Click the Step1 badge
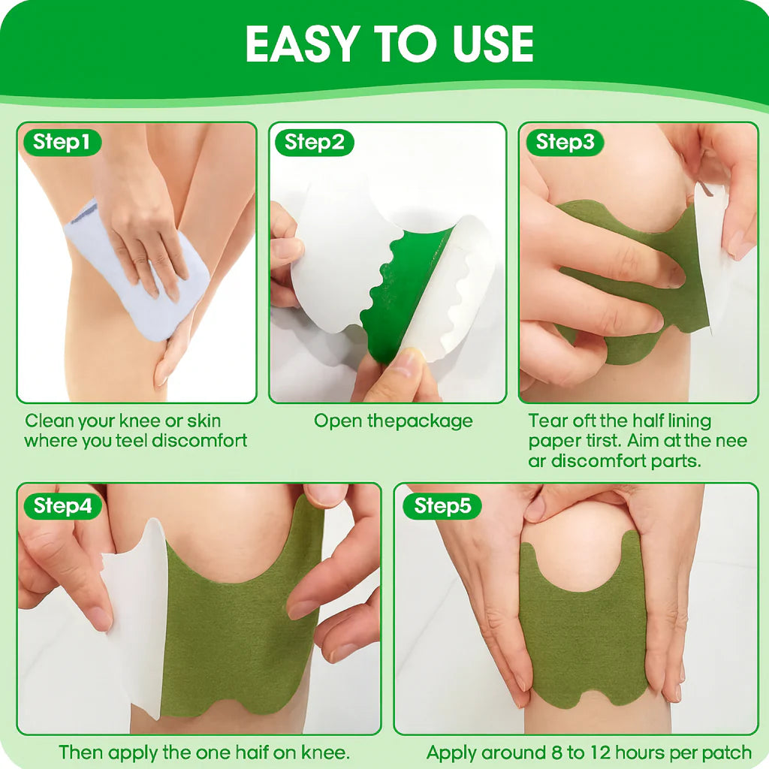pyautogui.click(x=62, y=142)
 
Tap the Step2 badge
pyautogui.click(x=314, y=142)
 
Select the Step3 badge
pyautogui.click(x=565, y=142)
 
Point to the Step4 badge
pyautogui.click(x=63, y=506)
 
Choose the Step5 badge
pyautogui.click(x=442, y=506)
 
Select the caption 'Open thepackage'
pyautogui.click(x=393, y=421)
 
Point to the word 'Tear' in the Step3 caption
pyautogui.click(x=547, y=421)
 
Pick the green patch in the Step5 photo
pyautogui.click(x=578, y=646)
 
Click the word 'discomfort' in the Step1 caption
pyautogui.click(x=199, y=441)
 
